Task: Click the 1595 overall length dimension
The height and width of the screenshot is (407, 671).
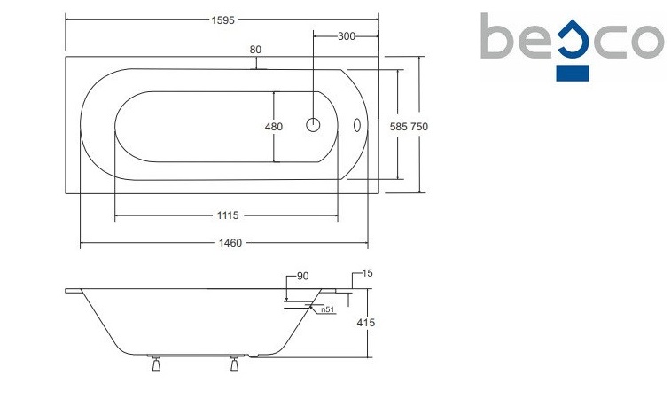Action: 223,20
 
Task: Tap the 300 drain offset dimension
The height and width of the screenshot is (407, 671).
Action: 347,36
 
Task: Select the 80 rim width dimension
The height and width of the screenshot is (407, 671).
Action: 255,50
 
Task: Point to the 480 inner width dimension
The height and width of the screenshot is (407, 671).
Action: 274,127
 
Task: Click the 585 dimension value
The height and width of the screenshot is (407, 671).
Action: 398,127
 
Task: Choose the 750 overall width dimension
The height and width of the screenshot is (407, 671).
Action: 419,127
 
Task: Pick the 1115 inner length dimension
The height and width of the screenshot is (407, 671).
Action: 228,215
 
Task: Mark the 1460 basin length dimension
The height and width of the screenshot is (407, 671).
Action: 230,243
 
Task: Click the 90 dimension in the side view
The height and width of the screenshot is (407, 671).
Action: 302,277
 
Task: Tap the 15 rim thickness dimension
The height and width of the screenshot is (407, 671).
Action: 367,273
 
